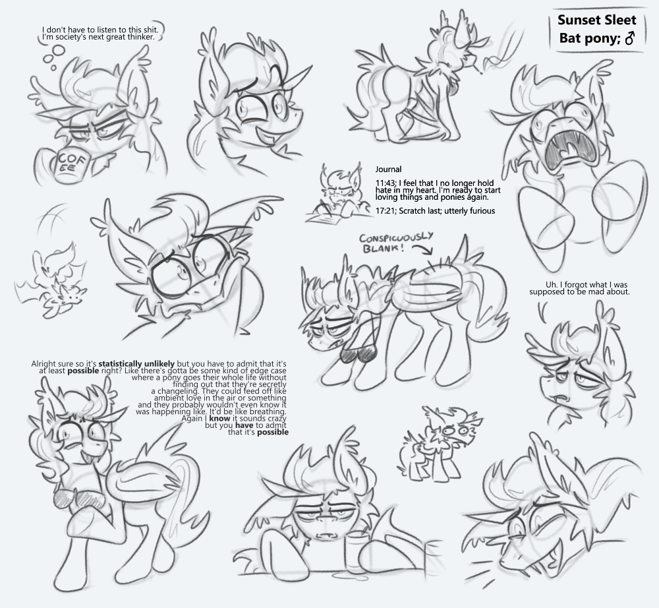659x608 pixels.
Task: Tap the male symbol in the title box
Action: pos(629,39)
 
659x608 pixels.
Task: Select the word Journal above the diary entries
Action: pos(388,169)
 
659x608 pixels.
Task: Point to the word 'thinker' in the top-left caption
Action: pos(142,37)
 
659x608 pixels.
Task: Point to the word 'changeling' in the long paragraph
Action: pos(176,391)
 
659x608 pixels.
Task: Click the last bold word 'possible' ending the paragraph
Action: pos(273,432)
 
